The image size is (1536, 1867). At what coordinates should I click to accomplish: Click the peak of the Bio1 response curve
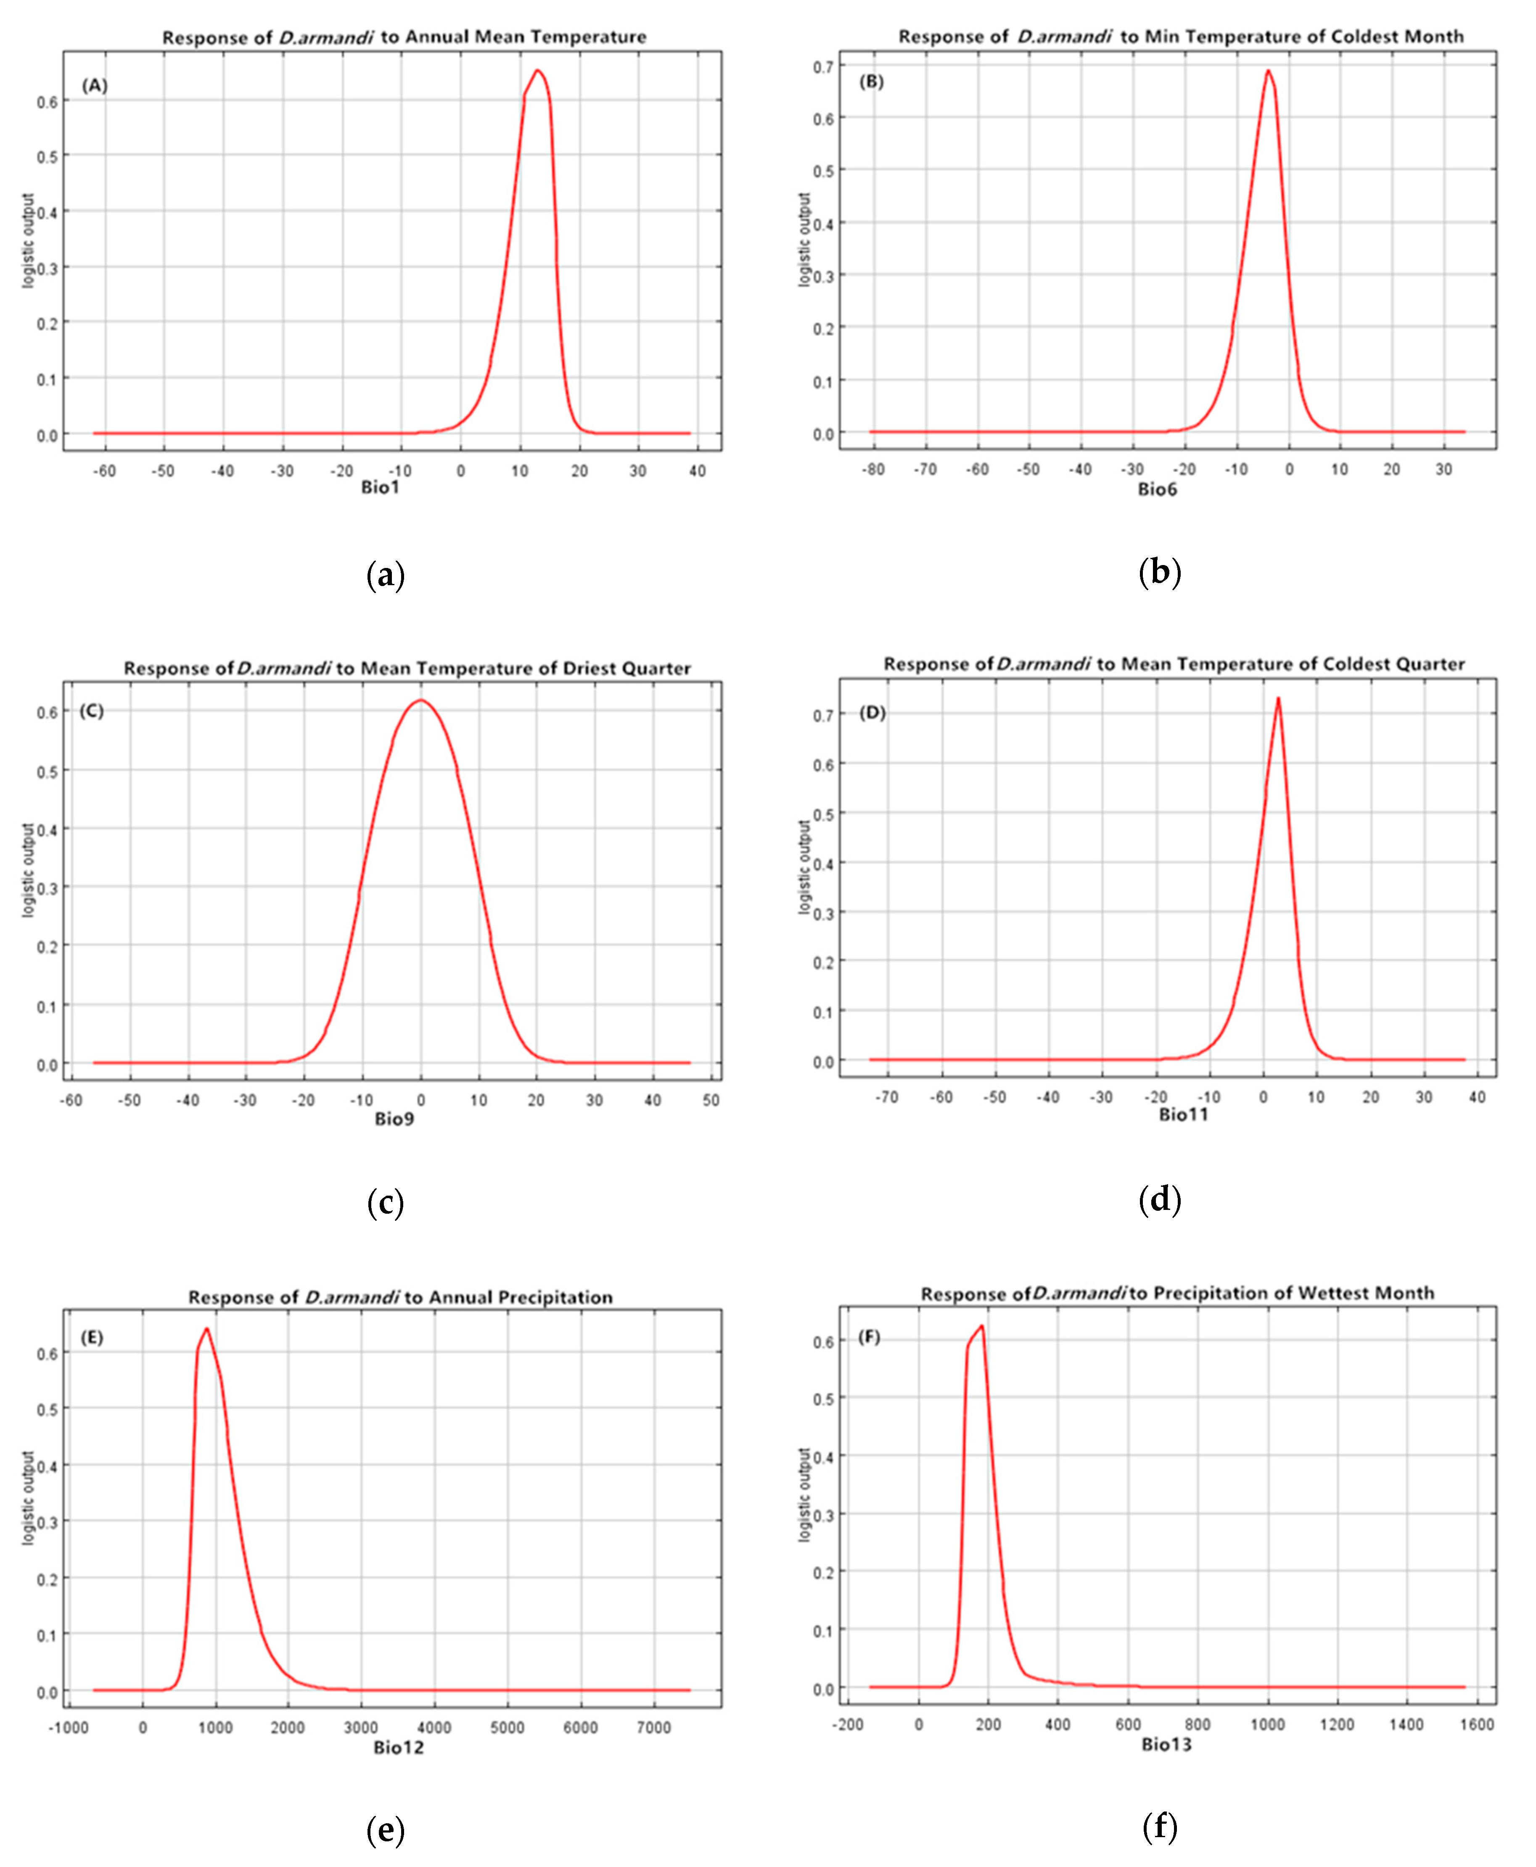point(537,71)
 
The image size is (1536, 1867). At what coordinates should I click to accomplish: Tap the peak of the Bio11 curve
point(1278,699)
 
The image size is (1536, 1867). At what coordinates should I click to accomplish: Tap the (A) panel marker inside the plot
point(95,86)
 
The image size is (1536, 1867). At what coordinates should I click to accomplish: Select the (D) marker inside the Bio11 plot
point(872,713)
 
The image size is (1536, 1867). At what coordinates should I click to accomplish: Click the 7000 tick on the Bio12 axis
point(654,1727)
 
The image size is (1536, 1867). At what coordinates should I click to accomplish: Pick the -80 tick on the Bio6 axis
point(873,470)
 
